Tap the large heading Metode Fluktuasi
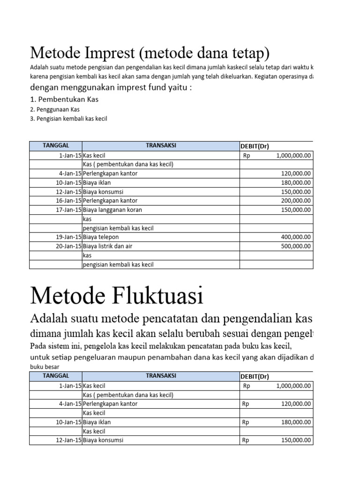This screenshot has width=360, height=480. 117,296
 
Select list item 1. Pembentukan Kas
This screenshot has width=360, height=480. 64,99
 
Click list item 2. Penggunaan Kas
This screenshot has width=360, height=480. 55,109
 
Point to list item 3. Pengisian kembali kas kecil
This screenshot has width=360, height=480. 68,119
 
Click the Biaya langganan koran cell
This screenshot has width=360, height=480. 112,210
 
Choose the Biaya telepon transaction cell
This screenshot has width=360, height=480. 101,237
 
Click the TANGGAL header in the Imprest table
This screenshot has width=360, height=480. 56,146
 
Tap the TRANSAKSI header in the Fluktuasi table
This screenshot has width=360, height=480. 161,376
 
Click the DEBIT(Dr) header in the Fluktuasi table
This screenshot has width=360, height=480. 255,376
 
